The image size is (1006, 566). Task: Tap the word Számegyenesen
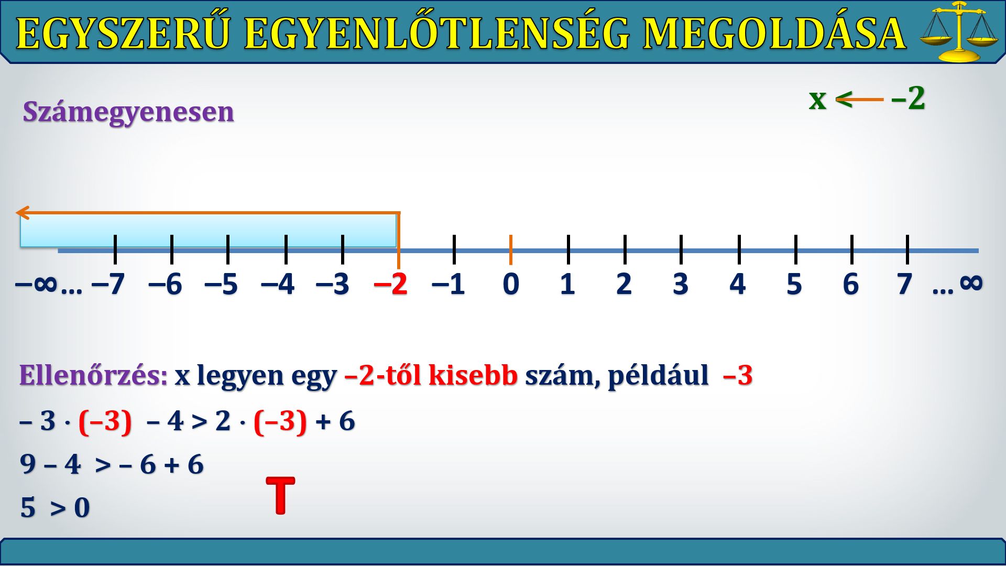(x=128, y=112)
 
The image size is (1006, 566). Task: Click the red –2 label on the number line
(x=390, y=284)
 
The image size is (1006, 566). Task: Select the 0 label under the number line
(x=511, y=284)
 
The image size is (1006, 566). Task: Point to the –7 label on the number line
(x=108, y=284)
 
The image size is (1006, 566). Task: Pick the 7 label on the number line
(x=904, y=284)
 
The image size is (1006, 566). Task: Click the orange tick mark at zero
(x=510, y=250)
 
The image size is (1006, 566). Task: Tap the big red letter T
(x=281, y=495)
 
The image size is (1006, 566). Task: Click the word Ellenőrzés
(x=93, y=375)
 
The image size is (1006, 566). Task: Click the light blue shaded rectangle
(x=208, y=231)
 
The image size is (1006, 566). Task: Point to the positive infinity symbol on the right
(x=971, y=283)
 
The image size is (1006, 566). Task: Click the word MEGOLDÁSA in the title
(x=774, y=34)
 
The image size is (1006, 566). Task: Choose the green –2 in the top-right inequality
(x=908, y=98)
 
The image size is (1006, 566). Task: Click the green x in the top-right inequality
(x=817, y=100)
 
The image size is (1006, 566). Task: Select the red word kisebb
(x=473, y=375)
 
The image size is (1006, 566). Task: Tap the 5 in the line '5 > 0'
(x=28, y=508)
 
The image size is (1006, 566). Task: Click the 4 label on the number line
(x=737, y=284)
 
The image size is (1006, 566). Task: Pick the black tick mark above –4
(x=286, y=249)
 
